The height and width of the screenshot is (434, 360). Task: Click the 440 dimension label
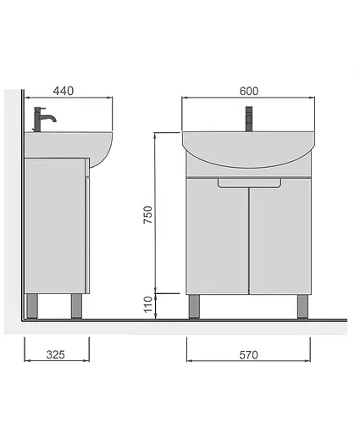point(64,91)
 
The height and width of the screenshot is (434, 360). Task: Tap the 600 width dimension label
point(249,91)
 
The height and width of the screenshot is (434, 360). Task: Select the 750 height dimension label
point(147,214)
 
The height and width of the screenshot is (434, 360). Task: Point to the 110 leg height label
point(147,304)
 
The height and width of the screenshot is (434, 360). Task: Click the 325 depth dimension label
point(56,354)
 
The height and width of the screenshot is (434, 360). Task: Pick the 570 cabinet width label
point(248,355)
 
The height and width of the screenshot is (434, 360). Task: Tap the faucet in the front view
point(249,119)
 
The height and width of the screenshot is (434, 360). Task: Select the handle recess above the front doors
point(249,183)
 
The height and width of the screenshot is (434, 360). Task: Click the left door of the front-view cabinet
point(218,236)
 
